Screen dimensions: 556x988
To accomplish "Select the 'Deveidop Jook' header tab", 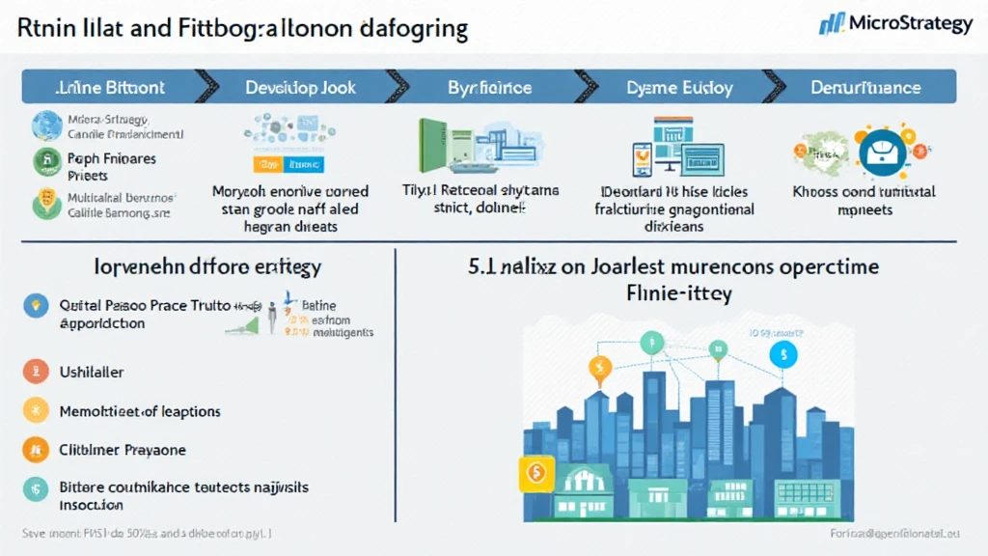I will [300, 87].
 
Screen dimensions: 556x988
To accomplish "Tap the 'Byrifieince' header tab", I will [489, 87].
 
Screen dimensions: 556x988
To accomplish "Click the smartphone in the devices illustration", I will [642, 157].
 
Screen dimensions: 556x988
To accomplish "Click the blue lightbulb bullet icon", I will [35, 306].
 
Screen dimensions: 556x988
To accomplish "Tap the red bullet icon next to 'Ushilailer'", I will [35, 371].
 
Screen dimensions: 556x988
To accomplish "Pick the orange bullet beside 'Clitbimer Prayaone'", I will [35, 449].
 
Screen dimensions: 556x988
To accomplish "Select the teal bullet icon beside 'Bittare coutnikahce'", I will [35, 488].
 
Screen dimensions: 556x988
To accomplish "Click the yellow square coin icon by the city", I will [533, 473].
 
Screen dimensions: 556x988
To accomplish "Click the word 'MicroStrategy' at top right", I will [911, 23].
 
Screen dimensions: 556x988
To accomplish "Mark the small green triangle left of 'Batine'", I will [238, 328].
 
